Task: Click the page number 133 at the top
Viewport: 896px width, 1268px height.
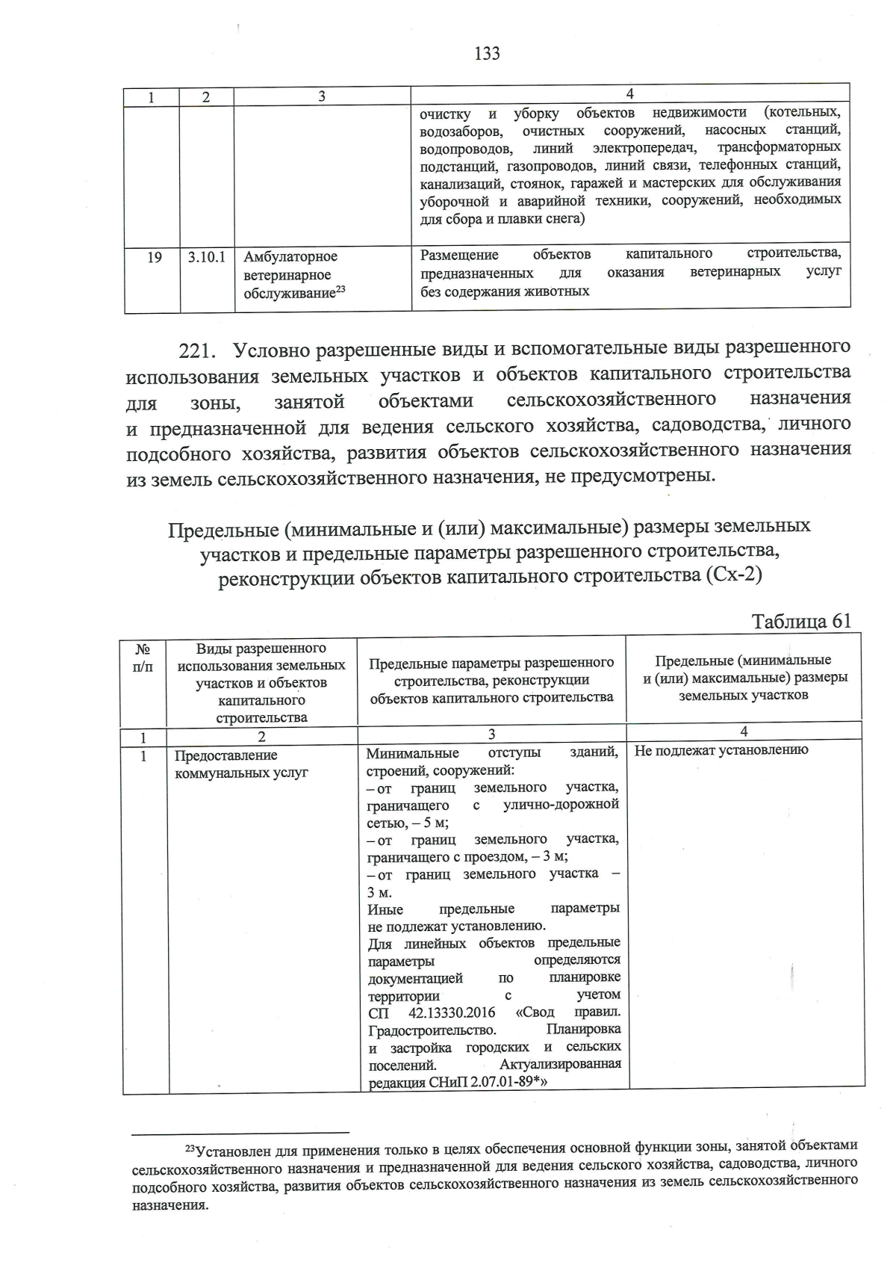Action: coord(487,53)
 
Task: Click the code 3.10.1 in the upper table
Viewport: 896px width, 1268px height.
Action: coord(206,257)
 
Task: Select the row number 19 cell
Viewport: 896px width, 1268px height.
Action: coord(154,258)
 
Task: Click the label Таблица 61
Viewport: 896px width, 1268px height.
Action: coord(801,622)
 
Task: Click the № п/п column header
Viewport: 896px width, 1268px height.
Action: coord(143,658)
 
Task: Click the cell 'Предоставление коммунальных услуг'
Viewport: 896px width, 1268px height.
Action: coord(241,764)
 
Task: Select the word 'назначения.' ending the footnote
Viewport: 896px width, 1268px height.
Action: coord(170,1205)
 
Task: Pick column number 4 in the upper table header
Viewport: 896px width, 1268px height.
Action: coord(630,93)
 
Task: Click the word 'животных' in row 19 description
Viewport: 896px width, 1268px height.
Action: coord(559,291)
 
